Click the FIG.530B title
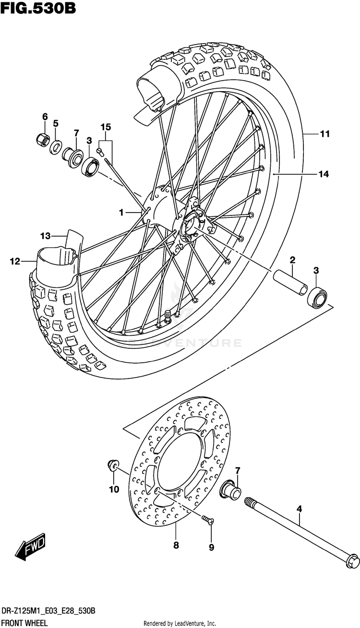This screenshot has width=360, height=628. point(38,8)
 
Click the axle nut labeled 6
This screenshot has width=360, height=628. point(43,139)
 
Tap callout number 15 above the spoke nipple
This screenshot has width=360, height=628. point(106,127)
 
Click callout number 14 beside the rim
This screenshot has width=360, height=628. point(324,174)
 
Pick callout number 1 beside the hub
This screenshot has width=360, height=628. point(121,213)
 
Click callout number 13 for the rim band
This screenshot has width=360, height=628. point(46,236)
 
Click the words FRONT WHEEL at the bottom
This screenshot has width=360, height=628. point(24,623)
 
